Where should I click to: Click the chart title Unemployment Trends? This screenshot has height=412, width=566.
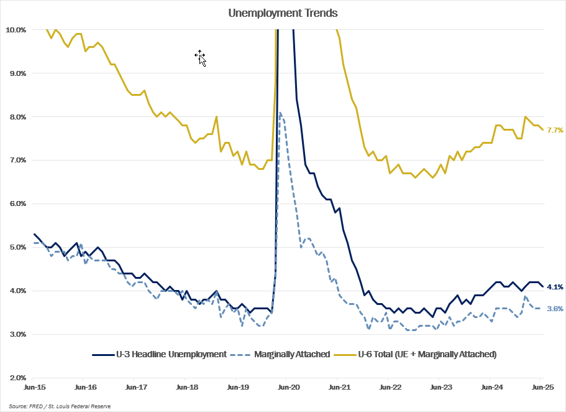(x=283, y=12)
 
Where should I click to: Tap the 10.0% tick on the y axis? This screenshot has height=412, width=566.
(x=16, y=30)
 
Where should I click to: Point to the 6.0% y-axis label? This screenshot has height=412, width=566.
(x=17, y=204)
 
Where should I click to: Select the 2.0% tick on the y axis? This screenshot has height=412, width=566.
(x=17, y=378)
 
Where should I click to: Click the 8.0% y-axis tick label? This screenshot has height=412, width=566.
(x=17, y=117)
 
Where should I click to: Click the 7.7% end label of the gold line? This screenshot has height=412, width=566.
(x=555, y=130)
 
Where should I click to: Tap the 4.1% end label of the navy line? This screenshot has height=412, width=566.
(x=555, y=287)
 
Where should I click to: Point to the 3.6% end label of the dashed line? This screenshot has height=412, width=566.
(x=555, y=309)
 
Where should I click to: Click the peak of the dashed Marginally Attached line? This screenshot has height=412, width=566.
(x=280, y=113)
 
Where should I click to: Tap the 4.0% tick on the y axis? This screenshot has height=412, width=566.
(x=17, y=291)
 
